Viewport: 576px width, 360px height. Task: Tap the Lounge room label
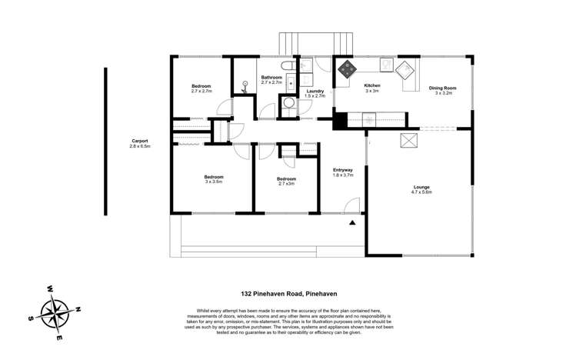tap(422, 189)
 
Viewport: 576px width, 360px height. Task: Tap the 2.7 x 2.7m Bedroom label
tap(201, 88)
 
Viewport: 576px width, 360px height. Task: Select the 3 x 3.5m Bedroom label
tap(213, 179)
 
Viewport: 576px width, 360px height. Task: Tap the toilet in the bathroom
tap(285, 66)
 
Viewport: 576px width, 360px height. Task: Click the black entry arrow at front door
tap(352, 222)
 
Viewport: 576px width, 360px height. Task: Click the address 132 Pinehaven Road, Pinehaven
tap(287, 294)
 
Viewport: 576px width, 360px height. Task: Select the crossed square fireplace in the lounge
tap(409, 139)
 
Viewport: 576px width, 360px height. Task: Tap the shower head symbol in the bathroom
tap(245, 87)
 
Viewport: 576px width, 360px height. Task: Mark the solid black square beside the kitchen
tap(339, 120)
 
